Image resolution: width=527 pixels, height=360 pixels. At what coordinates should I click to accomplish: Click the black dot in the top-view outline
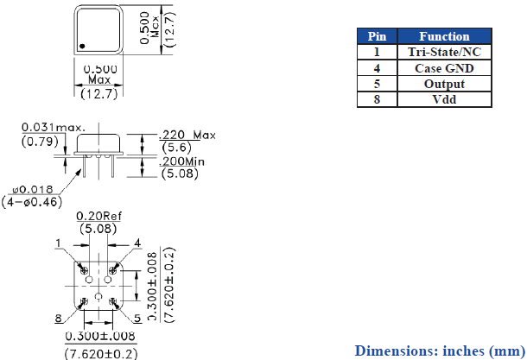[82, 46]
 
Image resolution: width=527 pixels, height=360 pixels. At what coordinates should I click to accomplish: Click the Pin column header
[377, 36]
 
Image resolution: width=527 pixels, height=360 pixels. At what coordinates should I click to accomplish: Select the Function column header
[444, 36]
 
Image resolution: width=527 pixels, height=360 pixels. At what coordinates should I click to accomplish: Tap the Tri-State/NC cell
[444, 52]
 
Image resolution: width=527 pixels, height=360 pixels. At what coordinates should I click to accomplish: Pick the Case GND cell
[444, 68]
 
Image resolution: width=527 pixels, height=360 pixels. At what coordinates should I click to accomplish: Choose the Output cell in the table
[444, 84]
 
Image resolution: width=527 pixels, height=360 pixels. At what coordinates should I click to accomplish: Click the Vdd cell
[444, 99]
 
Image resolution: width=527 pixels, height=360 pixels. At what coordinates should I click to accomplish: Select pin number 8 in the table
[377, 99]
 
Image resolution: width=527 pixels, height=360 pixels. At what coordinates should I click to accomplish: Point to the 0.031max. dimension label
[54, 127]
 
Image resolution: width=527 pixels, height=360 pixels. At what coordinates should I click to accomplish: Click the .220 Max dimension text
[187, 135]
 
